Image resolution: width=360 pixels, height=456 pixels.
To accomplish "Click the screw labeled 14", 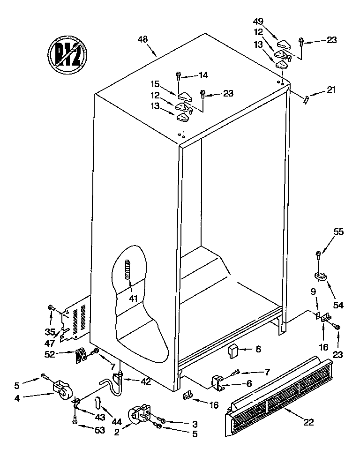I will pyautogui.click(x=179, y=75).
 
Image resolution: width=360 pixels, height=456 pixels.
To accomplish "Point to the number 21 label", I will pyautogui.click(x=331, y=90).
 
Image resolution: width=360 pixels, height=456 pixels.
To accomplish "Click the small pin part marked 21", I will pyautogui.click(x=306, y=99).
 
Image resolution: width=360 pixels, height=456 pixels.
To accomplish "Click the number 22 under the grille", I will pyautogui.click(x=308, y=422).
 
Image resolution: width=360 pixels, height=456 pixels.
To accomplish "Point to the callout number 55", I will pyautogui.click(x=338, y=231).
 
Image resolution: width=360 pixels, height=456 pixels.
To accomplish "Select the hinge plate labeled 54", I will pyautogui.click(x=321, y=277).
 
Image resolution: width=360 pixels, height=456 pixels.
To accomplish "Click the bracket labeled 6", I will pyautogui.click(x=218, y=381).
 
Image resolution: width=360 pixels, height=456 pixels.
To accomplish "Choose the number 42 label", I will pyautogui.click(x=146, y=381).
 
